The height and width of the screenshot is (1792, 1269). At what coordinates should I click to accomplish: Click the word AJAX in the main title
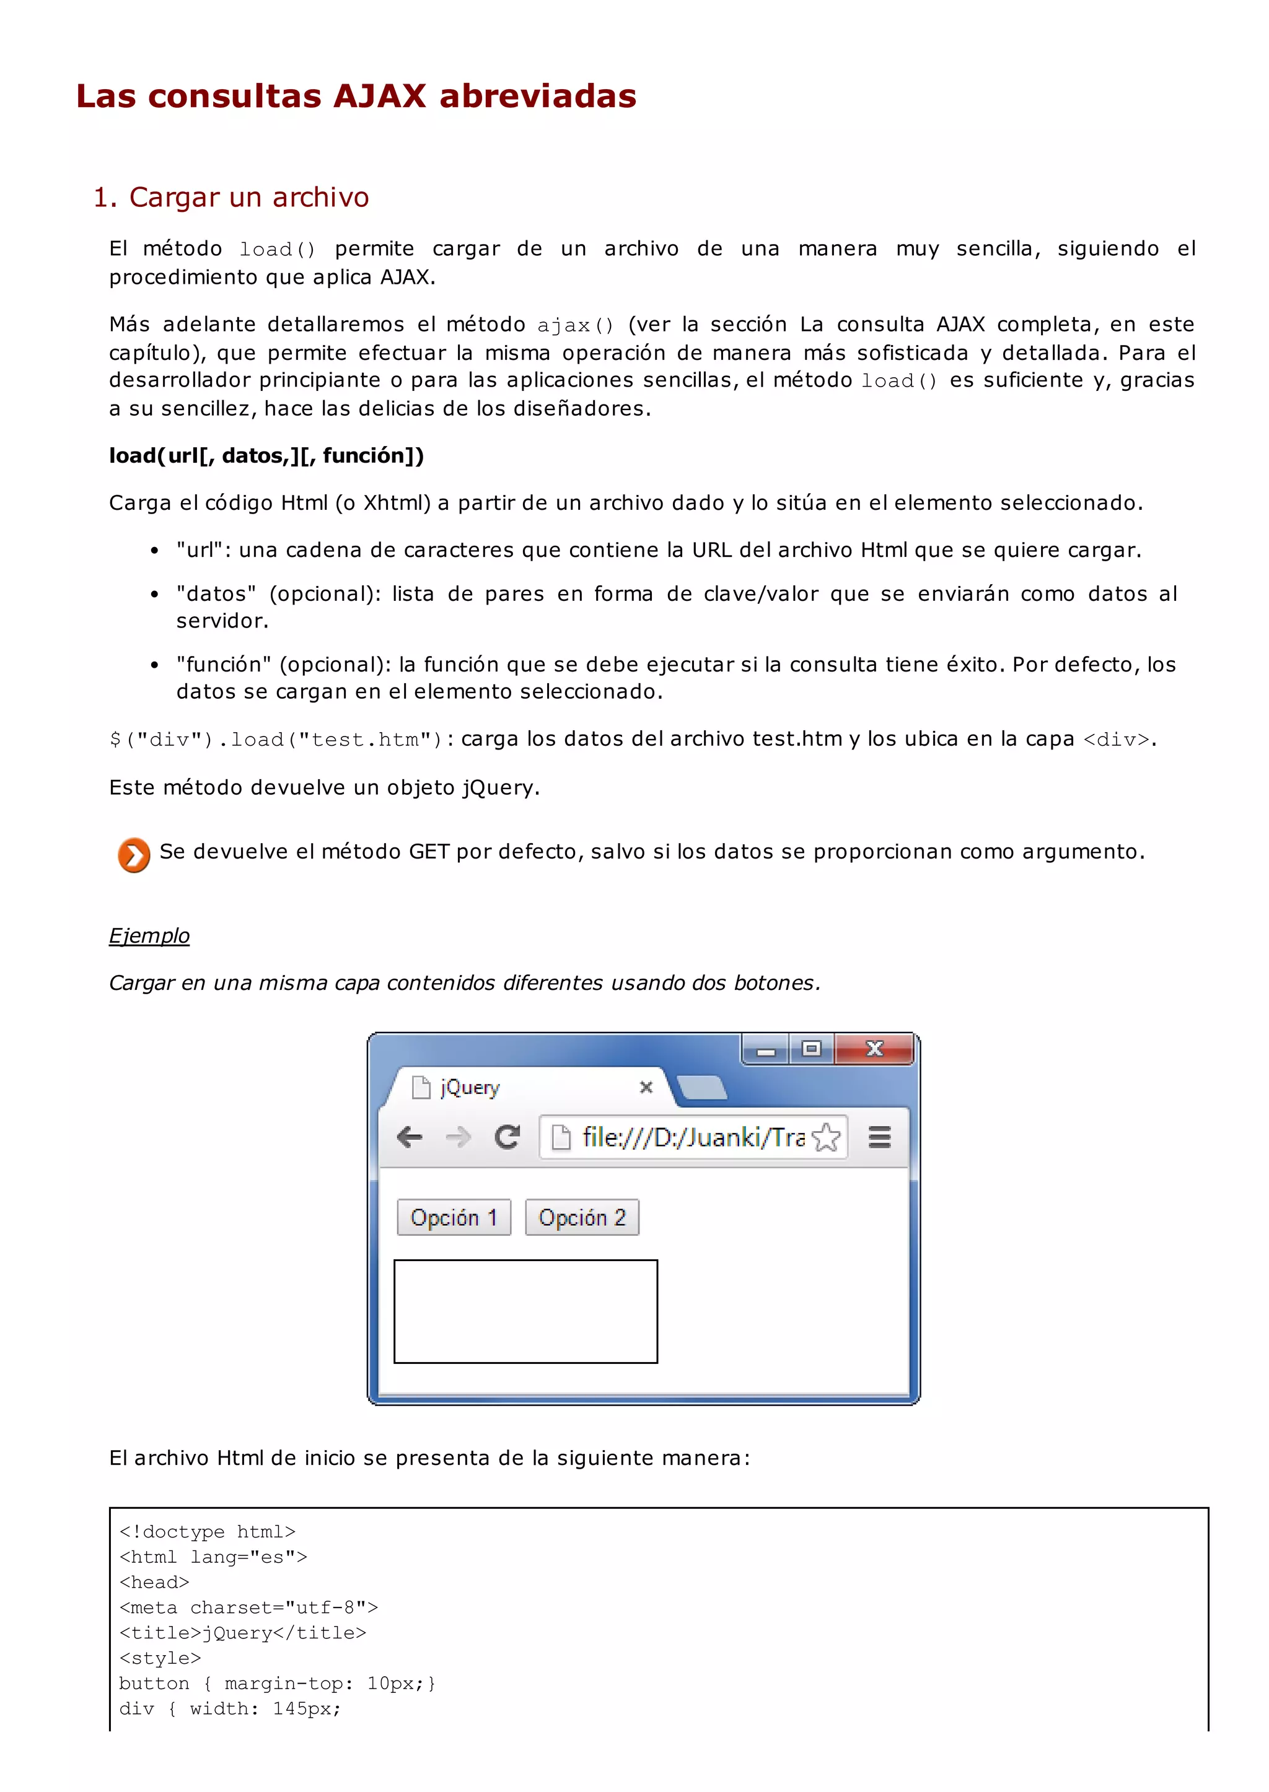pyautogui.click(x=379, y=97)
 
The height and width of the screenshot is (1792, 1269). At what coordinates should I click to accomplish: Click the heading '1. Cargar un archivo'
pyautogui.click(x=231, y=198)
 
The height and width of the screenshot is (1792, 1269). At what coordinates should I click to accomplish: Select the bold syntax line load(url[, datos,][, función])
pyautogui.click(x=266, y=456)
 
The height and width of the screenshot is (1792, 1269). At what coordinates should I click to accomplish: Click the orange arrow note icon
pyautogui.click(x=134, y=855)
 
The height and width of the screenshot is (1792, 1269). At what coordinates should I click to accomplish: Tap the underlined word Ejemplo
pyautogui.click(x=149, y=936)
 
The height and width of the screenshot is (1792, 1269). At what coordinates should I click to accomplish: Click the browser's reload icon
pyautogui.click(x=507, y=1137)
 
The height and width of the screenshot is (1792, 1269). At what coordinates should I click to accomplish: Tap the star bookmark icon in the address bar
pyautogui.click(x=826, y=1137)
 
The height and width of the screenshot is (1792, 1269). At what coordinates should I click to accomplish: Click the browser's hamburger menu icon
pyautogui.click(x=880, y=1137)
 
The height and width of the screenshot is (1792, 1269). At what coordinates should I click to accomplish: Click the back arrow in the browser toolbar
pyautogui.click(x=410, y=1137)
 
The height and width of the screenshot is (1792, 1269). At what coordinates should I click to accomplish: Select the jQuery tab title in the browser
pyautogui.click(x=470, y=1087)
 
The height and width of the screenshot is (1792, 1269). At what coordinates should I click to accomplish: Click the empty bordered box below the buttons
pyautogui.click(x=525, y=1311)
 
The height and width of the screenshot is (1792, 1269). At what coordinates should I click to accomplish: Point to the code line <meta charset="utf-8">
pyautogui.click(x=248, y=1607)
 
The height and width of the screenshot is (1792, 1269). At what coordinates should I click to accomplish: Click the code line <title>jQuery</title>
pyautogui.click(x=242, y=1633)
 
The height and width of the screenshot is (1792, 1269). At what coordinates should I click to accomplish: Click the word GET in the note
pyautogui.click(x=428, y=852)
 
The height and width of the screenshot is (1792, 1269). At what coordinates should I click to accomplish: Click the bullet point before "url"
pyautogui.click(x=155, y=551)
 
